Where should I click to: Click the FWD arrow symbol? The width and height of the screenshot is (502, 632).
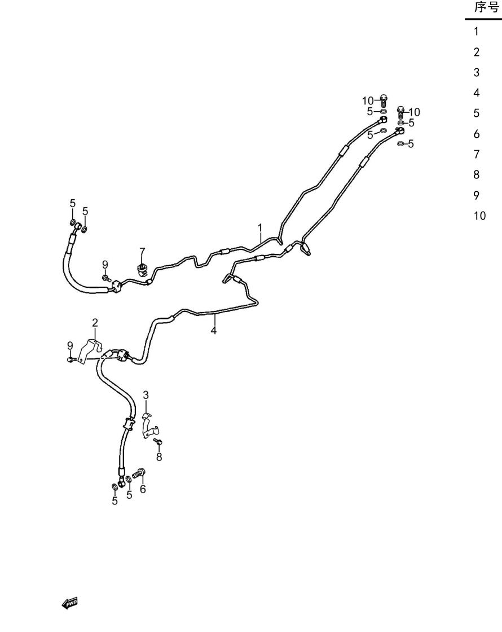(70, 603)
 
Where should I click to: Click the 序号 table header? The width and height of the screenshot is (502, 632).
(486, 7)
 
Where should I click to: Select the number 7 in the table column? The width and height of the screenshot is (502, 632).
(477, 154)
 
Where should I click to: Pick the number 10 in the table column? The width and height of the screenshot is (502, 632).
(479, 216)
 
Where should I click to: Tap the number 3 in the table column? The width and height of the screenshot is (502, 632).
(477, 73)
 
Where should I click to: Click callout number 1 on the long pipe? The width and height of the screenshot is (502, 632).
(260, 228)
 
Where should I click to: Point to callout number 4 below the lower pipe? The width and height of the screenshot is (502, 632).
(214, 331)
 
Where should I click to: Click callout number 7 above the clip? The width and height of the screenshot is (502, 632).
(142, 252)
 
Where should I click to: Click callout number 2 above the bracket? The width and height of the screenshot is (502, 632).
(95, 322)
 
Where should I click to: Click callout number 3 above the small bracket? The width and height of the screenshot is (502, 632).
(146, 395)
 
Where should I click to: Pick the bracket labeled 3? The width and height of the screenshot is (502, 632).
(150, 425)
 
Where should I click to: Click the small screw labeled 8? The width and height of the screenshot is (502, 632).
(158, 442)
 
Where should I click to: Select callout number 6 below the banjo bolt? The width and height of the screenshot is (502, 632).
(143, 489)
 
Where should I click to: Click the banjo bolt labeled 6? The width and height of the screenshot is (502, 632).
(139, 473)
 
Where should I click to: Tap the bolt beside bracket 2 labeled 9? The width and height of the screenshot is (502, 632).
(72, 359)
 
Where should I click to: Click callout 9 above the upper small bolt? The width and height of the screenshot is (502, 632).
(105, 265)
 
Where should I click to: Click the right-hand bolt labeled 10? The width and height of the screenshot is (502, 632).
(400, 112)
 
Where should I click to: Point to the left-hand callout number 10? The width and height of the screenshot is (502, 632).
(368, 101)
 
